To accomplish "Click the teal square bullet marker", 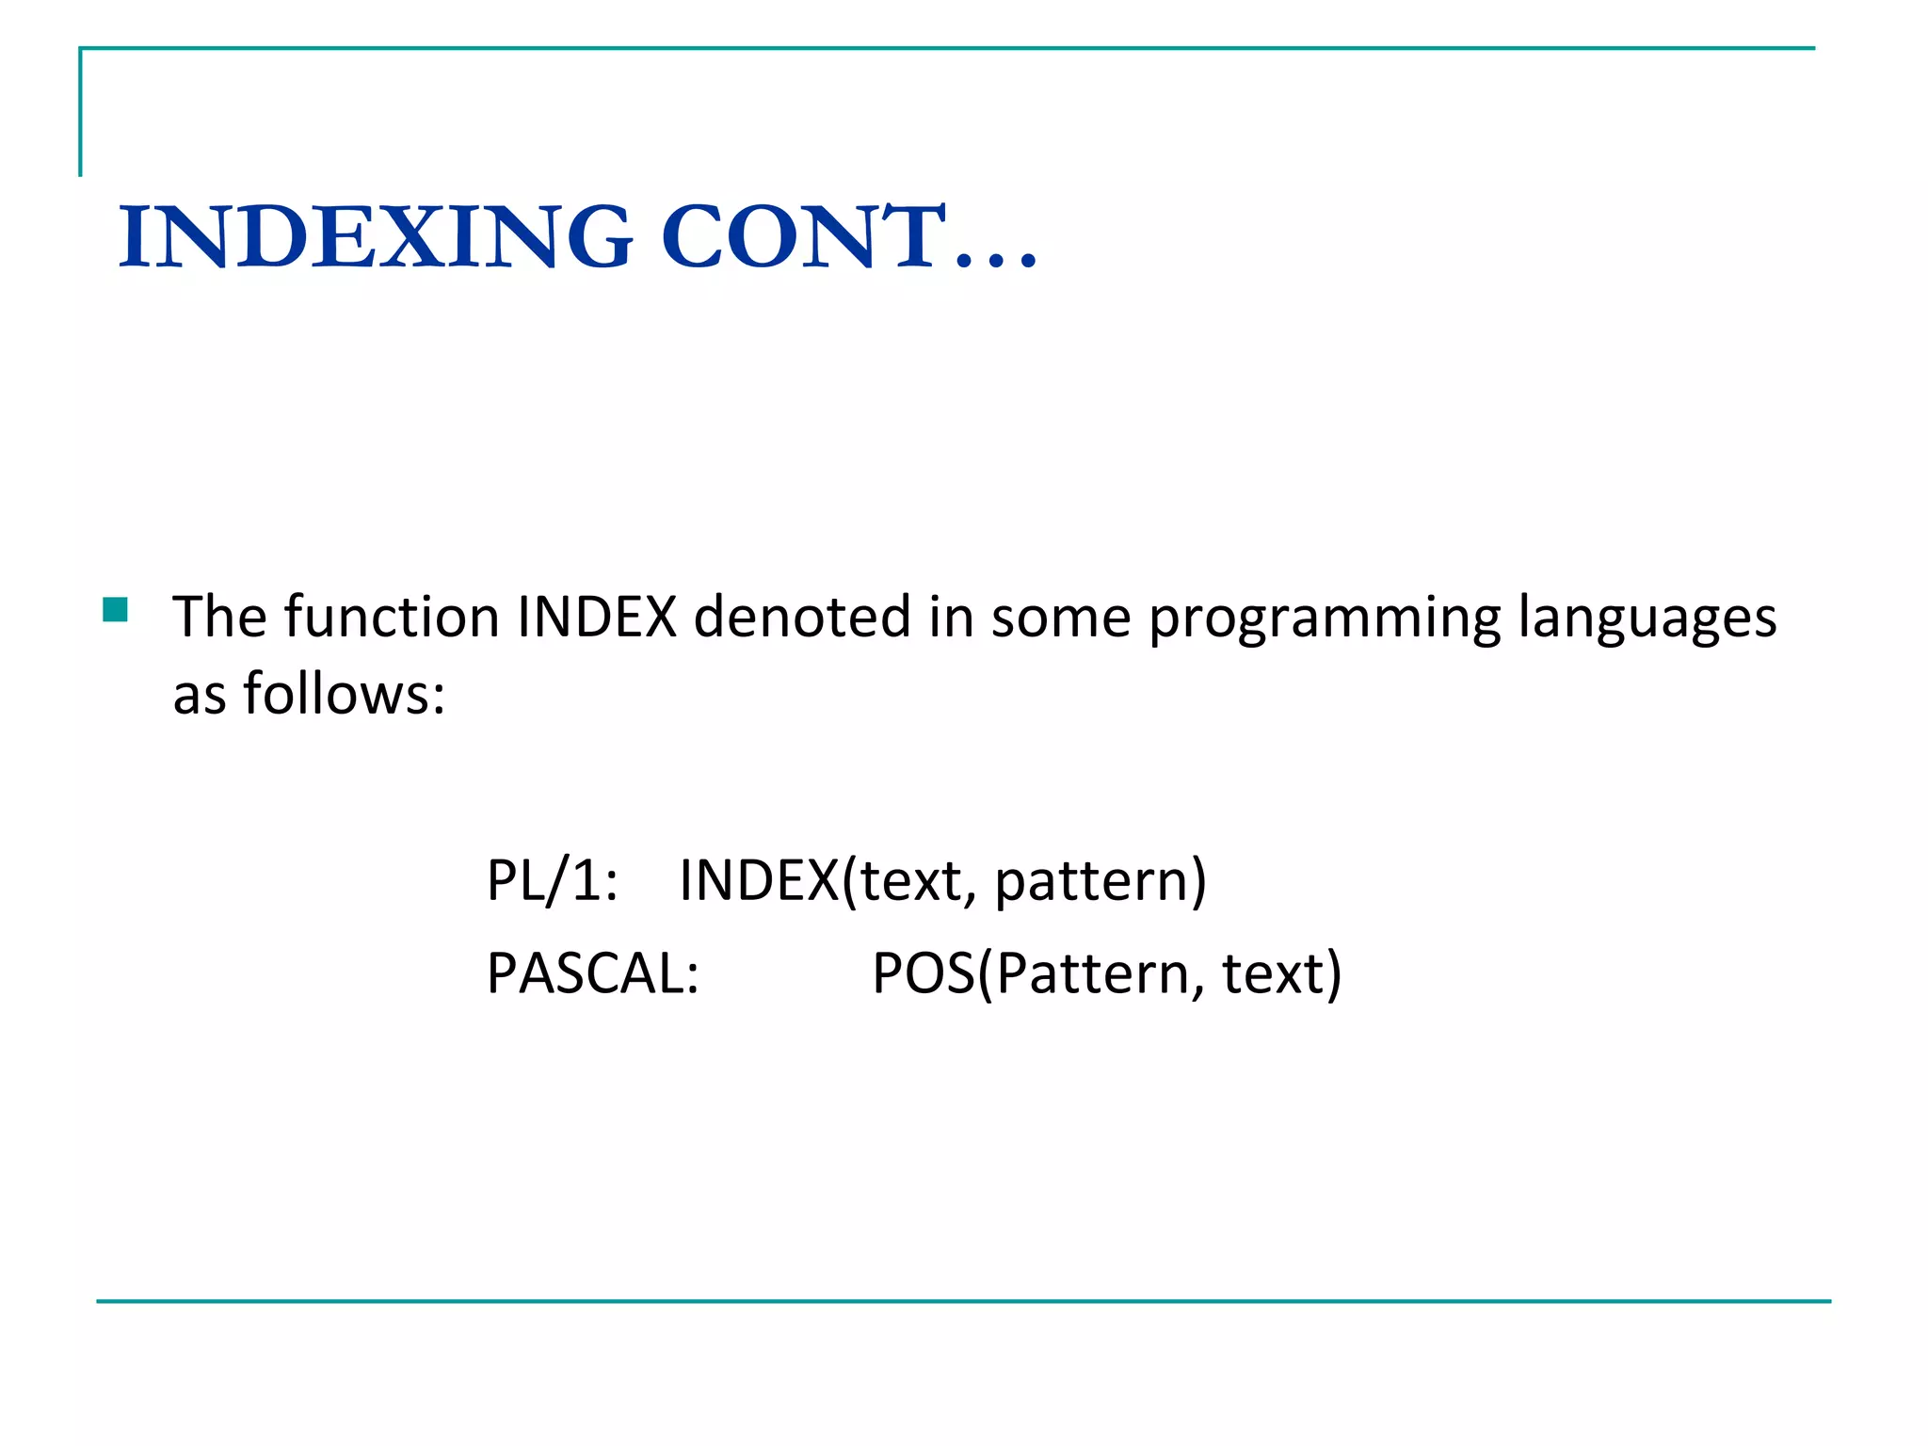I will (115, 611).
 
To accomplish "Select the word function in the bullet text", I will (392, 618).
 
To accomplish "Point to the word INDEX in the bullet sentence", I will (597, 618).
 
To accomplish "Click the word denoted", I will (802, 618).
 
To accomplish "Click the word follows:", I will (344, 695).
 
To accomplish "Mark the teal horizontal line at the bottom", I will (964, 1301).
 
